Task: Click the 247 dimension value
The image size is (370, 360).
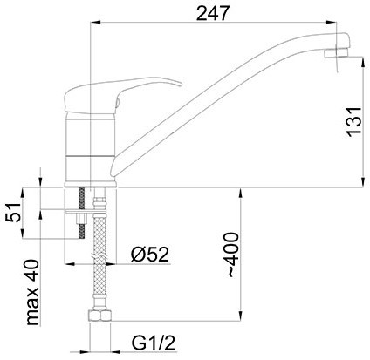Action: click(213, 13)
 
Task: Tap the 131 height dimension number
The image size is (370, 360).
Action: click(353, 122)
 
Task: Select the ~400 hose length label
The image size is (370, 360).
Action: click(233, 255)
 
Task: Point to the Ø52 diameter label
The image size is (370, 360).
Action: click(150, 255)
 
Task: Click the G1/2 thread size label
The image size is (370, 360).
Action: click(154, 343)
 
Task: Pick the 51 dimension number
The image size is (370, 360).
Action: click(14, 213)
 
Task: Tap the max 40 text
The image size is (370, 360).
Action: click(32, 292)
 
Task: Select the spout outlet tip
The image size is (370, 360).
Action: click(336, 53)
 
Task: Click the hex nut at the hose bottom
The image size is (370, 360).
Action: click(100, 316)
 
